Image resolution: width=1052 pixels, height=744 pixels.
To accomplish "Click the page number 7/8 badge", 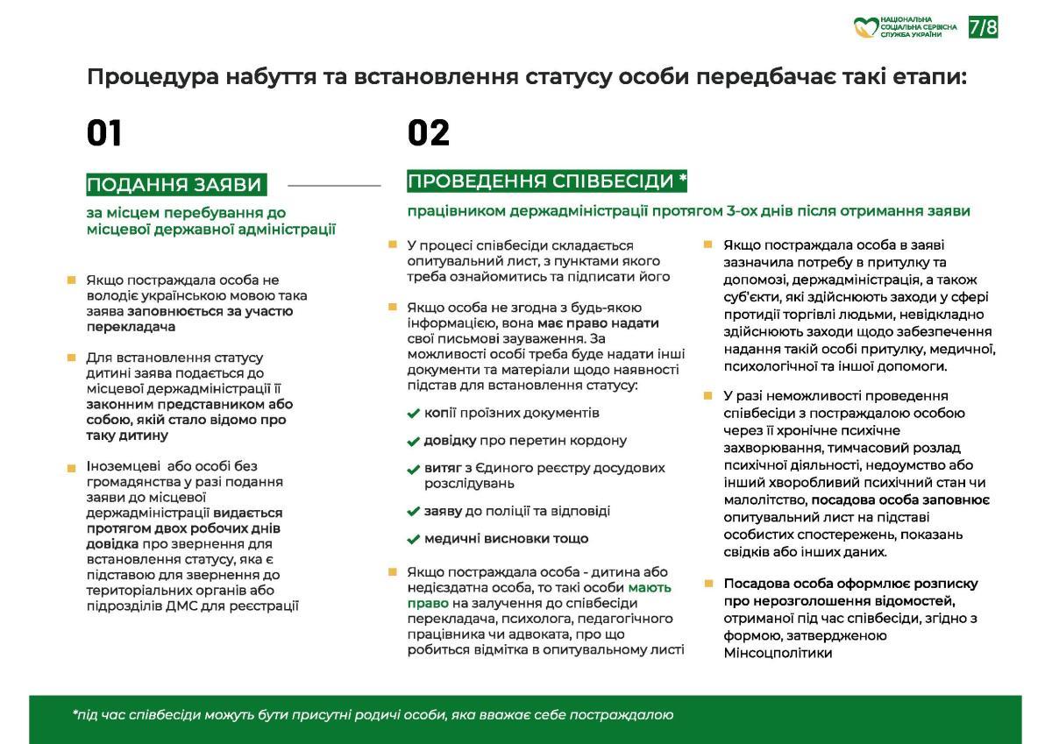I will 983,27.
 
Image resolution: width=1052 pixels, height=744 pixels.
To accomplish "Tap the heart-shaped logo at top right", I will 866,27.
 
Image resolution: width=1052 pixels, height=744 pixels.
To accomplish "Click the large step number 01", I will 103,133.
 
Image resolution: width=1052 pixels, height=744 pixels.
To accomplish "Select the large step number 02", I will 428,133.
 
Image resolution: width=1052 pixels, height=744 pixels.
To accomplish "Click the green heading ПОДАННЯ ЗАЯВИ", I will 174,185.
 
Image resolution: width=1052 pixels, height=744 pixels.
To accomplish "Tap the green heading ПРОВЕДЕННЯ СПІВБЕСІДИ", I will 546,181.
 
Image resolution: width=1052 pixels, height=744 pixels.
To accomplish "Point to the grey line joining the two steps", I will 334,186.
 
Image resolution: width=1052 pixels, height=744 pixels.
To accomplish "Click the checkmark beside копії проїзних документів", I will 414,414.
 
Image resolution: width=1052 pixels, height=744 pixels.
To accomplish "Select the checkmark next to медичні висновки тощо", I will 414,540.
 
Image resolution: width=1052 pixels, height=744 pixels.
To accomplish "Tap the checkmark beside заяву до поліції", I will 414,512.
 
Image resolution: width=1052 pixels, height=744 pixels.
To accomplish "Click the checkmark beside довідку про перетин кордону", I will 414,442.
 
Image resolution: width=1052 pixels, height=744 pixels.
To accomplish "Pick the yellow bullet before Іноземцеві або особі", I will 71,468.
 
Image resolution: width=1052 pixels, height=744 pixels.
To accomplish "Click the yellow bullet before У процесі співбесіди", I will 393,244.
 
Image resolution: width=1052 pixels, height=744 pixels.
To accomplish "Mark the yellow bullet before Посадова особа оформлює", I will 708,583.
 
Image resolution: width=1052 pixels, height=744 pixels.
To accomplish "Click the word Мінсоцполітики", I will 778,653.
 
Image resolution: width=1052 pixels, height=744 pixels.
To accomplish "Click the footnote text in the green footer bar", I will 373,715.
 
